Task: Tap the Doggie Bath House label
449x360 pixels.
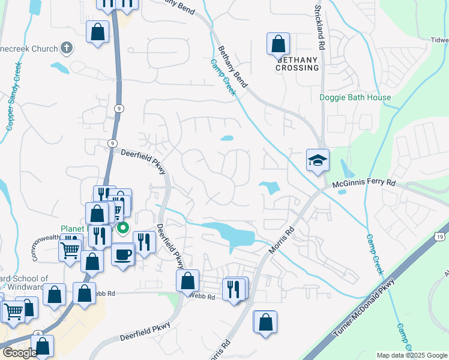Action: pos(355,97)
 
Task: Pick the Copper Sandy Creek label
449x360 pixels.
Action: pos(13,96)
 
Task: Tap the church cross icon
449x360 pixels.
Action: pos(67,49)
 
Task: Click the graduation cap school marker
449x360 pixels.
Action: pos(318,160)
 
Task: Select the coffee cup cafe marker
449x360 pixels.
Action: pos(123,254)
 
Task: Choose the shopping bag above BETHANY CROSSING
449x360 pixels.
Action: pos(278,43)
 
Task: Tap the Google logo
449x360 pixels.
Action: pos(19,353)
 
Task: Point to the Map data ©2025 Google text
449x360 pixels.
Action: pos(412,355)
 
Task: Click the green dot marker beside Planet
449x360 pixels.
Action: pos(124,227)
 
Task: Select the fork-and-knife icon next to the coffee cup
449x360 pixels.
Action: pos(144,242)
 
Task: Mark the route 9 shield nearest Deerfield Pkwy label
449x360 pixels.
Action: pos(113,143)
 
